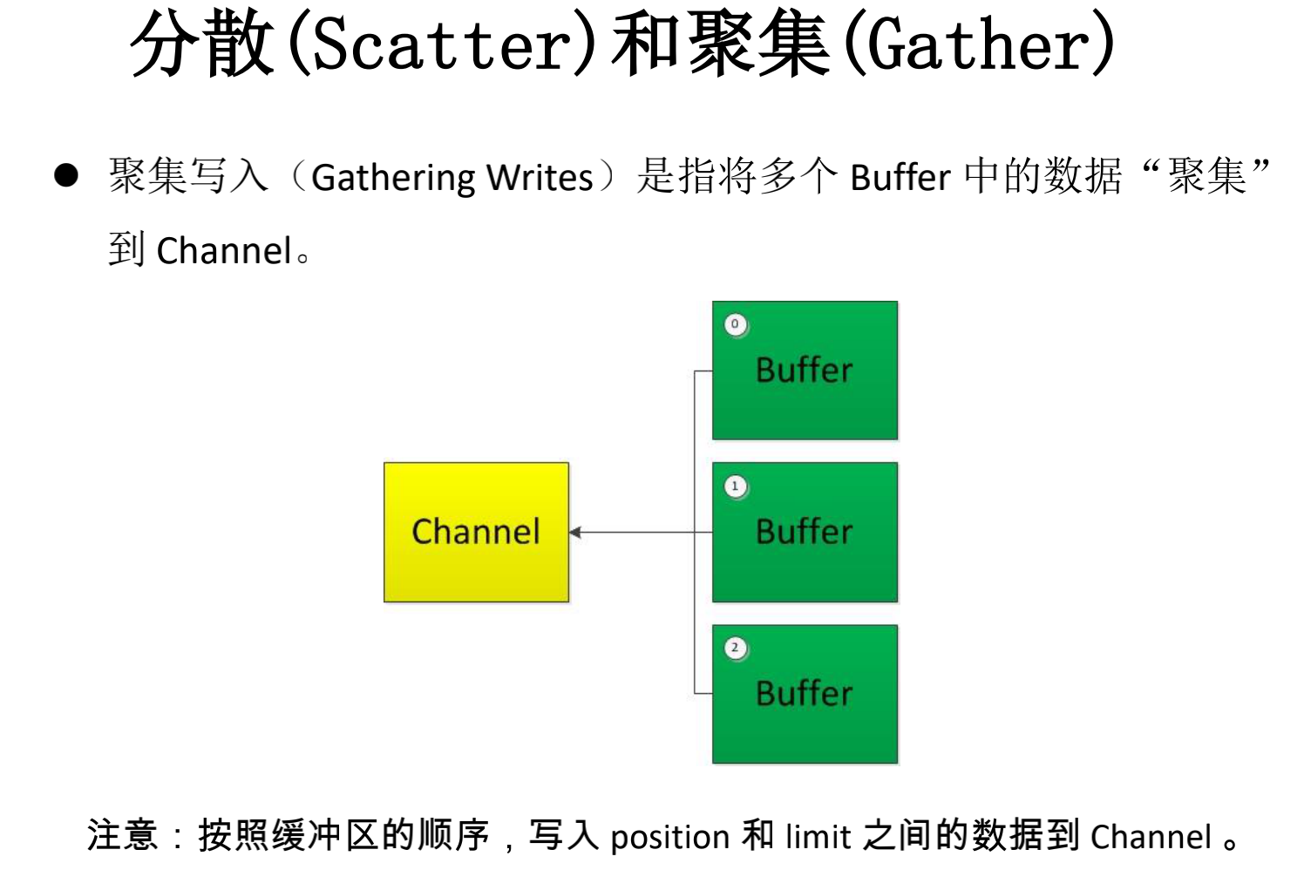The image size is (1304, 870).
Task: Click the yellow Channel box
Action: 476,532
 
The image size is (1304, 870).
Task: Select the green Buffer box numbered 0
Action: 805,370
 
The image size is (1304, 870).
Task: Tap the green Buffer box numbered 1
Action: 805,532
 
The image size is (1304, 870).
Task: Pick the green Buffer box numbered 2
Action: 805,694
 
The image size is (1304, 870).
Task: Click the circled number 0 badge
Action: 736,324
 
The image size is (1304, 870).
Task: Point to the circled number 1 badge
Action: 736,486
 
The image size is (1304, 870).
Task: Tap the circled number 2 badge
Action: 736,649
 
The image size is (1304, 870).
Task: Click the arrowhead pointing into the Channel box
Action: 575,532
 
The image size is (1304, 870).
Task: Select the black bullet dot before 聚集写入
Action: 66,175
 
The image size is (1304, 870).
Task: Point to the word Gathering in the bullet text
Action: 393,178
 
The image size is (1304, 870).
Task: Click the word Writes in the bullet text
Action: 540,178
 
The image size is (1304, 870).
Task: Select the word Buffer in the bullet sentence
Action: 900,178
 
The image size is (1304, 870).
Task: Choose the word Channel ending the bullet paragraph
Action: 224,251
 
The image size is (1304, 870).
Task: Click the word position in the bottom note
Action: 669,837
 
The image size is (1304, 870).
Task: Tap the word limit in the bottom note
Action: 818,837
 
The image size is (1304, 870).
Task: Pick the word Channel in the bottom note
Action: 1151,837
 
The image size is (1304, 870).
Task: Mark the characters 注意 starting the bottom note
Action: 122,835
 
